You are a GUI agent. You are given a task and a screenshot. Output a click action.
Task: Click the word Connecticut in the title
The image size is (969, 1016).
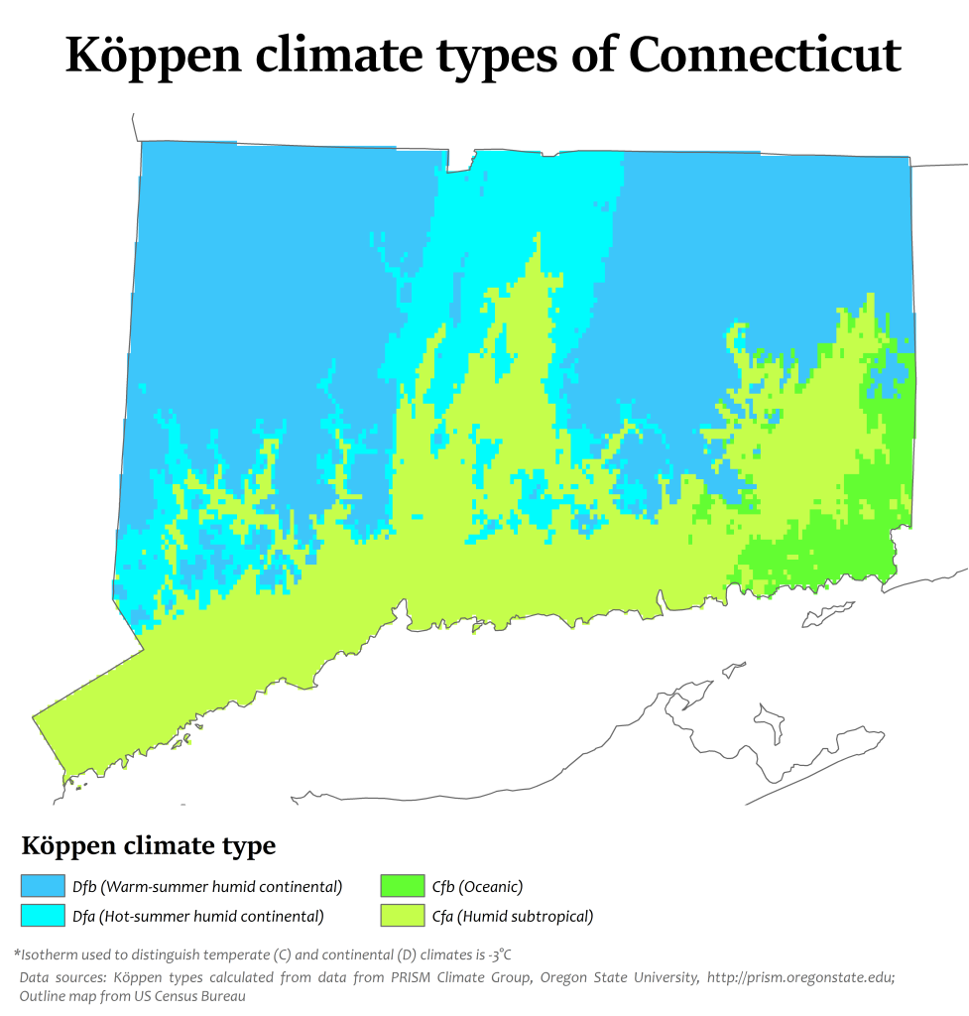tap(765, 57)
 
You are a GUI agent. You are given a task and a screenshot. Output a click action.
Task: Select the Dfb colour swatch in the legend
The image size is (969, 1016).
tap(42, 886)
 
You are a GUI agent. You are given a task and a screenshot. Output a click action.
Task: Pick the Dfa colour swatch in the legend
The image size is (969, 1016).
tap(42, 916)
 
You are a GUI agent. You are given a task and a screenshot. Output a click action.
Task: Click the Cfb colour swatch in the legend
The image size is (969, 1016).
tap(402, 886)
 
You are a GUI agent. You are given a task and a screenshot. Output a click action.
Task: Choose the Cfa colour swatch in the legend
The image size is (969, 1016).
tap(402, 916)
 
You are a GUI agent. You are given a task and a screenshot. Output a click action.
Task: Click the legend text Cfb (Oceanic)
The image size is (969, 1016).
tap(477, 887)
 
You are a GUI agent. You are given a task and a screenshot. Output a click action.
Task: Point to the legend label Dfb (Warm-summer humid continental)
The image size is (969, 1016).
tap(206, 887)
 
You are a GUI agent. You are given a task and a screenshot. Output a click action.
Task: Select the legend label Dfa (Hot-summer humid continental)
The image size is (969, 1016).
tap(197, 917)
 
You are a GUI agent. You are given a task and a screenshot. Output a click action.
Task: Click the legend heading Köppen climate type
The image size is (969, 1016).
tap(149, 846)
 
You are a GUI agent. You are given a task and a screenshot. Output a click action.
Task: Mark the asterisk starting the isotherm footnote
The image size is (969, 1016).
tap(17, 953)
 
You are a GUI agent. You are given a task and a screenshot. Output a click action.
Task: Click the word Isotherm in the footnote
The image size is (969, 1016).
tap(50, 954)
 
